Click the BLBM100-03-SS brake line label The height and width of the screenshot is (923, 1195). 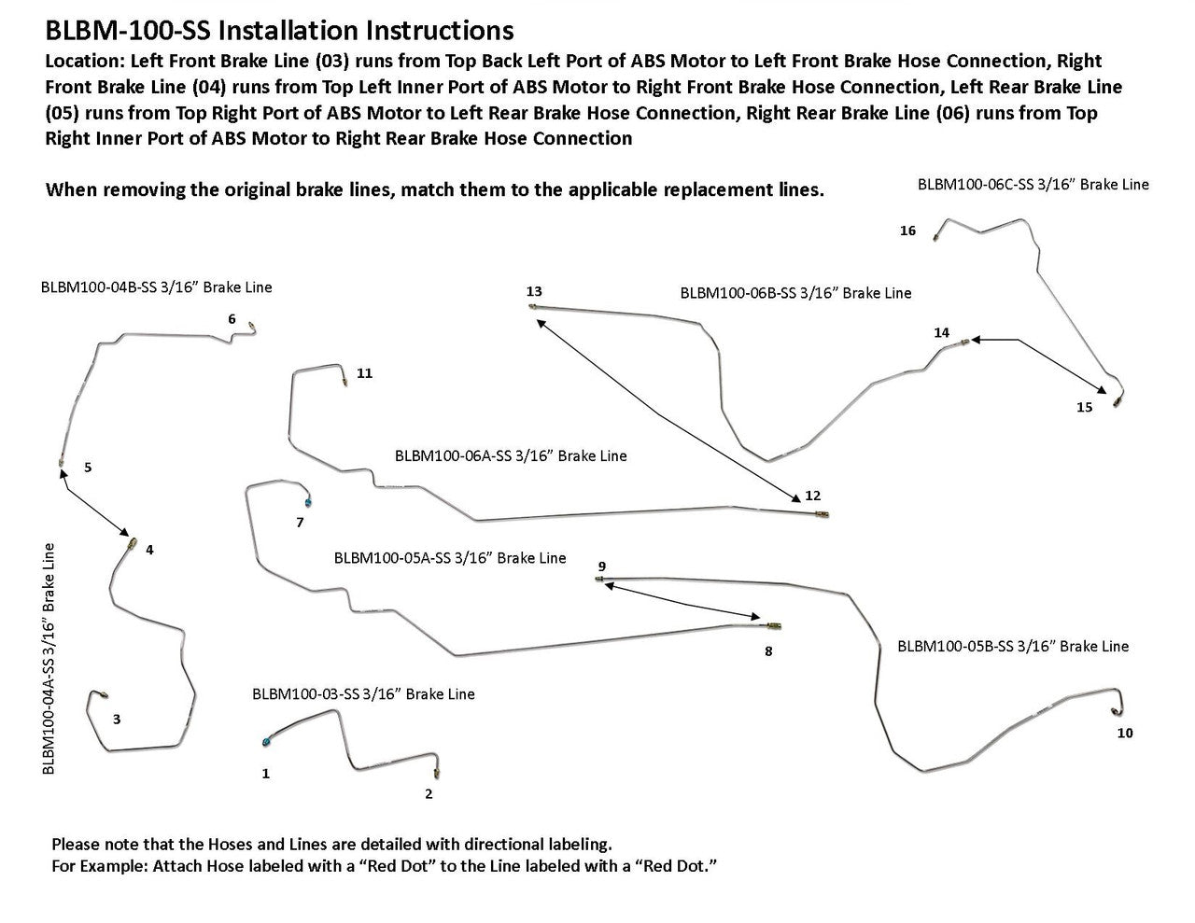click(363, 694)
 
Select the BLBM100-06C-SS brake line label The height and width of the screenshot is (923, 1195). click(1033, 185)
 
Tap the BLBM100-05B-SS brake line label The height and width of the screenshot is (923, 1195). click(1012, 646)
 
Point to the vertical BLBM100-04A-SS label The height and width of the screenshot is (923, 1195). click(49, 658)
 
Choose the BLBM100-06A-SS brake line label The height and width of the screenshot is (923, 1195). click(511, 456)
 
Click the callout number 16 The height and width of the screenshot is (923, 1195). click(907, 231)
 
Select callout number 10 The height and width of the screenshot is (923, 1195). click(1124, 734)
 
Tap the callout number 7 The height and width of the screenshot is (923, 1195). click(300, 523)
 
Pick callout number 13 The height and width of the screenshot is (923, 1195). click(534, 292)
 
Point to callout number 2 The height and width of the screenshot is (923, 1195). click(429, 795)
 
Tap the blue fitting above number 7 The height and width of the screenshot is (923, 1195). click(309, 501)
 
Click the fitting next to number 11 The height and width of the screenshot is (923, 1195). click(344, 380)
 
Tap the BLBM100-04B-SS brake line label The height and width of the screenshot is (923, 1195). click(157, 287)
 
